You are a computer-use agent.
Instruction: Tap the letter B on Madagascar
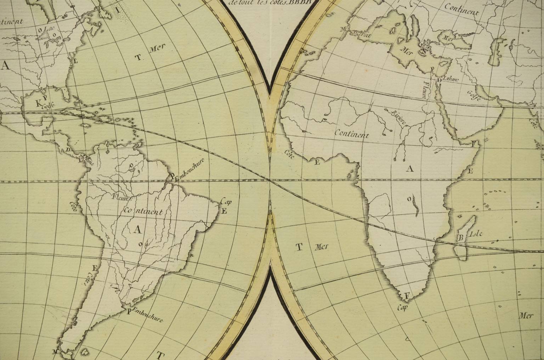[x=461, y=237]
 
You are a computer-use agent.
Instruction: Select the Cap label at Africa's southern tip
[x=402, y=307]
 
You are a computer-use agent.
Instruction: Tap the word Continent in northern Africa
[x=352, y=135]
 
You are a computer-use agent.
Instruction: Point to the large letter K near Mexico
[x=39, y=103]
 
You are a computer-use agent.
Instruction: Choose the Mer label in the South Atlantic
[x=321, y=247]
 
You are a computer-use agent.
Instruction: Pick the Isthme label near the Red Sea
[x=451, y=79]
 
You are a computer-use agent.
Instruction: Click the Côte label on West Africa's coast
[x=289, y=154]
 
